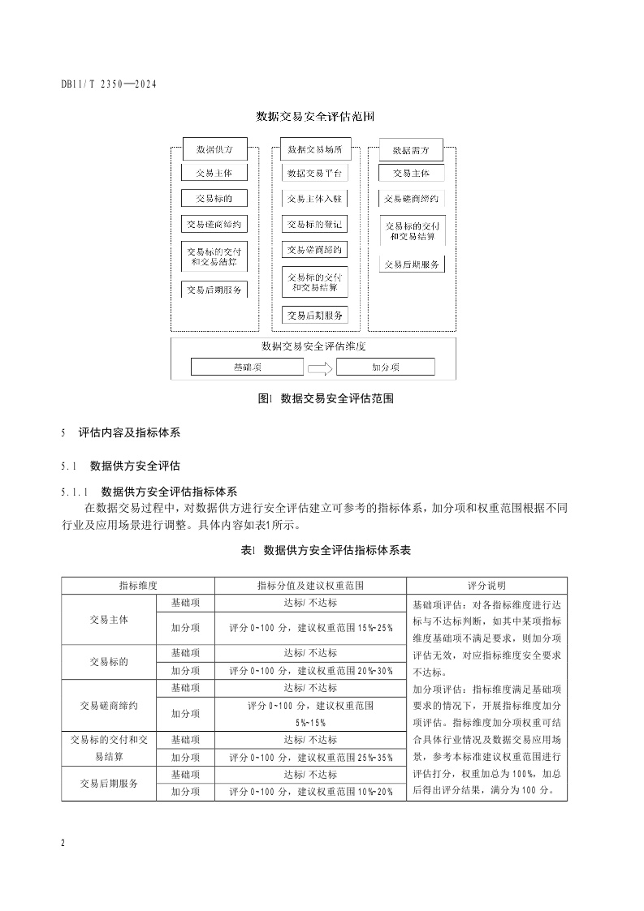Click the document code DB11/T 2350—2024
109,84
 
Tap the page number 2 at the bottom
63,843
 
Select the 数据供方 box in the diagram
214,150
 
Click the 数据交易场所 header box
314,150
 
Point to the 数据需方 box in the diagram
411,150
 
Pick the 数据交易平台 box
314,174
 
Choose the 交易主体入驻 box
314,199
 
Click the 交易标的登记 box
314,224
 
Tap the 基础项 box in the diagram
247,367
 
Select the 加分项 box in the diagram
385,367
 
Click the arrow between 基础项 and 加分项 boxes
320,368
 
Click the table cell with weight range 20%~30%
310,671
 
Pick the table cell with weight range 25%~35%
310,758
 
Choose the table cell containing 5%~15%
310,714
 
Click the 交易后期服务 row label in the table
109,784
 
